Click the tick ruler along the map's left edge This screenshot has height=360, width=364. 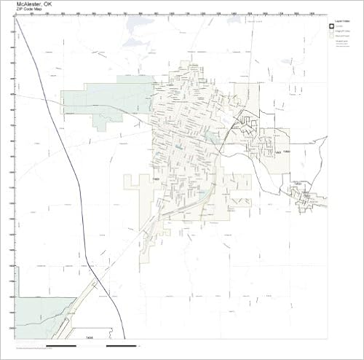(x=12, y=175)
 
